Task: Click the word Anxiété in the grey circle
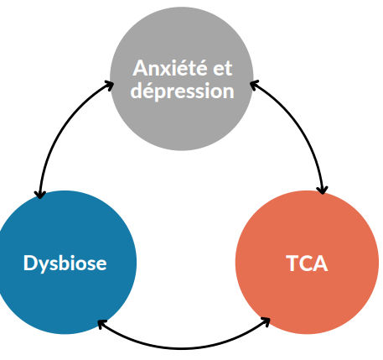pos(170,68)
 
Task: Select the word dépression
pos(182,91)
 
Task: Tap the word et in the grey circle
pos(223,68)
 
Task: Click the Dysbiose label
pos(65,263)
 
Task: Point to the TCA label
pos(307,263)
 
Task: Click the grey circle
pos(182,79)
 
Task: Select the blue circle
pos(65,263)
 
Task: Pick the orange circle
pos(307,263)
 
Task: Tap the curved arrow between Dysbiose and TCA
pos(183,348)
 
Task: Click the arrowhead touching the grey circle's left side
pos(110,84)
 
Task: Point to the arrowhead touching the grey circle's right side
pos(254,84)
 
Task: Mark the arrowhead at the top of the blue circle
pos(40,195)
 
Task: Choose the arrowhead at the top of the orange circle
pos(323,190)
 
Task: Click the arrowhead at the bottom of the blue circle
pos(101,323)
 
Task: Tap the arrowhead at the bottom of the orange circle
pos(267,321)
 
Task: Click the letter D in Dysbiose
pos(30,263)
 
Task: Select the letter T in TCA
pos(292,263)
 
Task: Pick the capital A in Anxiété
pos(141,68)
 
